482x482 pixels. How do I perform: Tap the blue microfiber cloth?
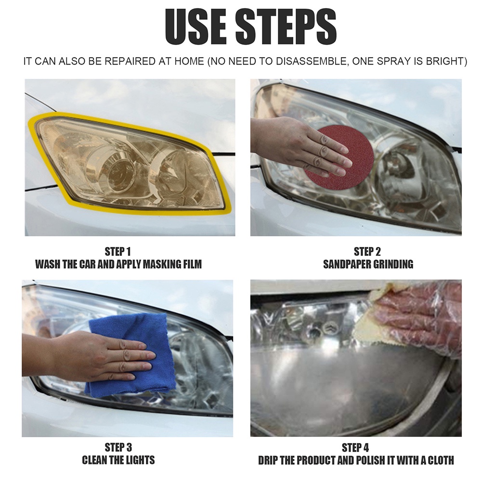coord(132,357)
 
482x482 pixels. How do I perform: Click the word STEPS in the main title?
coord(286,27)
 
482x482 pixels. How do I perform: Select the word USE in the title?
coord(196,27)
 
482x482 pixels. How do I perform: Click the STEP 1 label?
coord(118,251)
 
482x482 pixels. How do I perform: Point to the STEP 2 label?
coord(367,251)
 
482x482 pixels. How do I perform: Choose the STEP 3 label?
coord(118,447)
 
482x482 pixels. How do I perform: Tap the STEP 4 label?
coord(355,447)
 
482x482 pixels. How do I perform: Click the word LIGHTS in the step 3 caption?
coord(140,460)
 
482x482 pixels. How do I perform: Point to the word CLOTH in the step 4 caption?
coord(441,460)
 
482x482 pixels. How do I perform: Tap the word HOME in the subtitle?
coord(189,61)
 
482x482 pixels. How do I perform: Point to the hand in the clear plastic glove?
coord(418,320)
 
